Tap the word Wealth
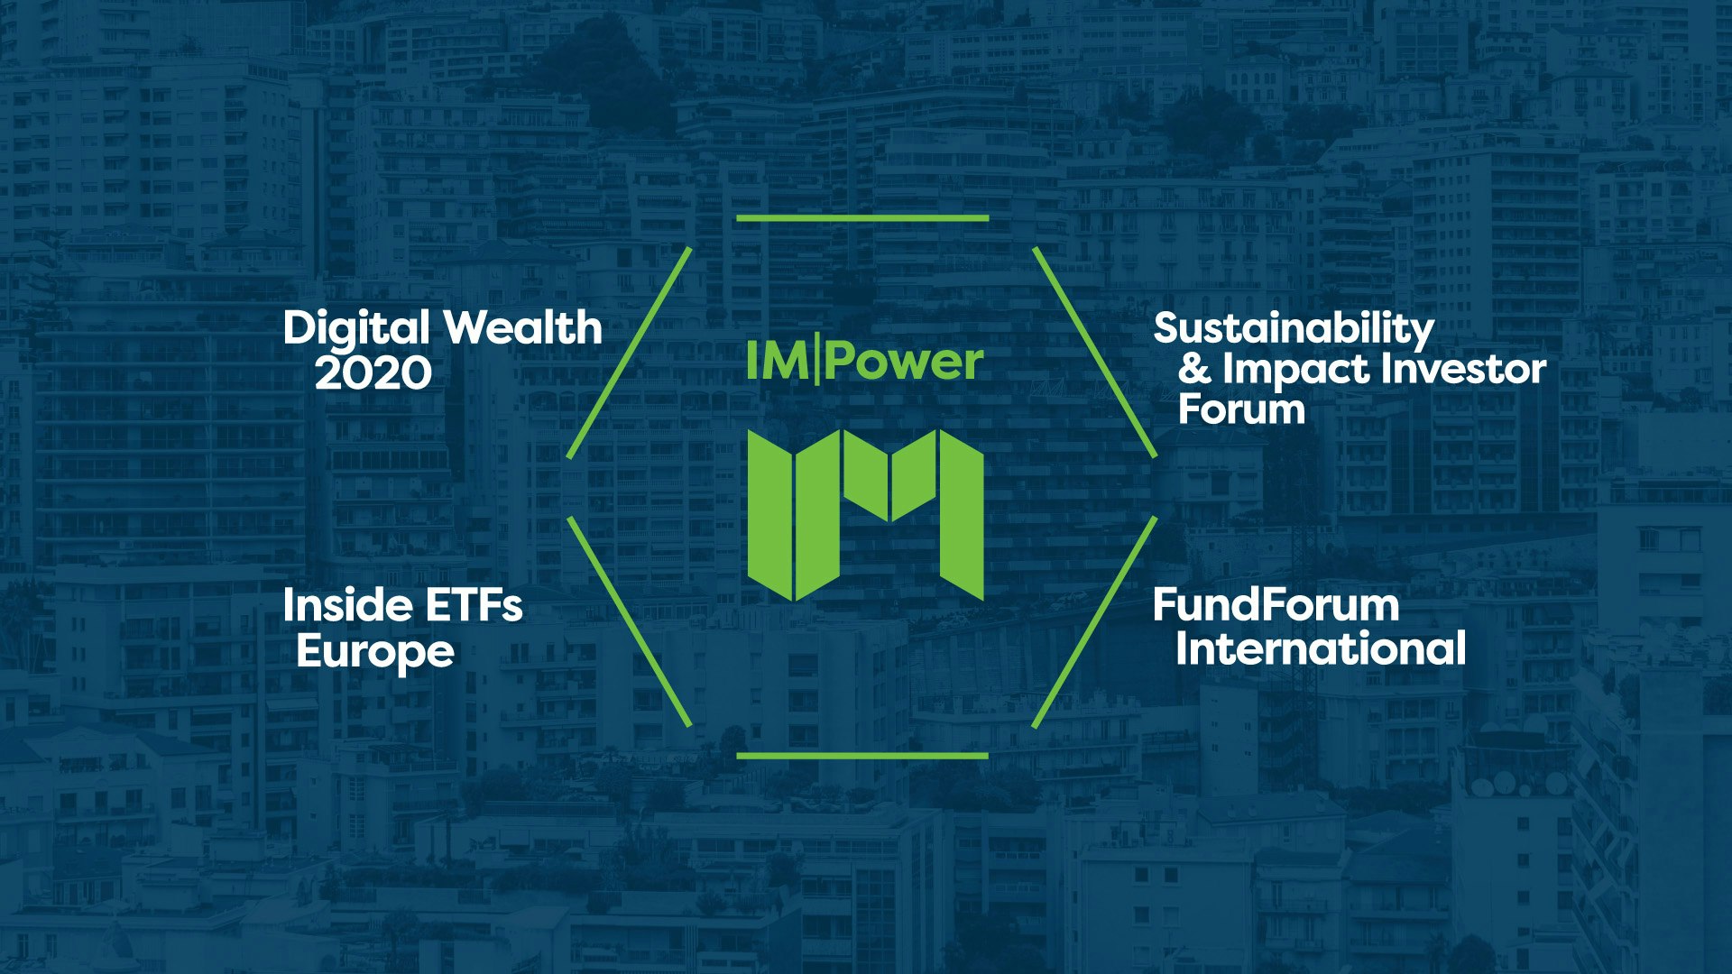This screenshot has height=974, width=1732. tap(523, 326)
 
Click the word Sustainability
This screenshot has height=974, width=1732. tap(1294, 330)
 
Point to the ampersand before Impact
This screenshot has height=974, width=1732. tap(1194, 369)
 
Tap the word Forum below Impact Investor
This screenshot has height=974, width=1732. tap(1241, 409)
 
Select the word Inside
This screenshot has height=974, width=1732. tap(347, 604)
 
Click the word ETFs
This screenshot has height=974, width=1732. tap(474, 605)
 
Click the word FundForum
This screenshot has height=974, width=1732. tap(1276, 604)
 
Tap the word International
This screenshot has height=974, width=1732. tap(1321, 648)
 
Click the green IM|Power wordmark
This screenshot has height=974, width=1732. tap(864, 363)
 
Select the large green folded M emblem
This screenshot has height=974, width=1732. tap(865, 515)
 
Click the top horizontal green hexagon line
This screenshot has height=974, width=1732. tap(862, 218)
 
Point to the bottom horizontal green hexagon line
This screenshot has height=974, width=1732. tap(862, 756)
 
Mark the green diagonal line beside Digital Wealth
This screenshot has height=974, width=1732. tap(629, 353)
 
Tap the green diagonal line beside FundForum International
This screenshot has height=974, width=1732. tap(1094, 621)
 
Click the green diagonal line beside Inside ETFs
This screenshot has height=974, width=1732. tap(629, 621)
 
